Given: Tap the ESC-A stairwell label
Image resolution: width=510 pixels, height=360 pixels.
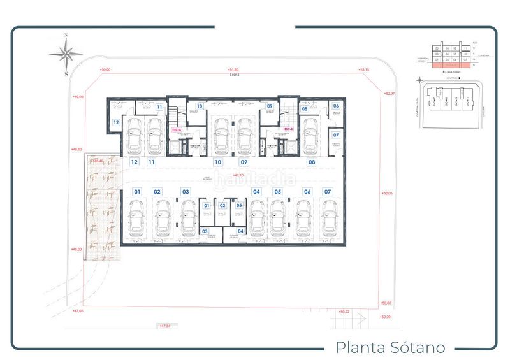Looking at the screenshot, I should point(177,129).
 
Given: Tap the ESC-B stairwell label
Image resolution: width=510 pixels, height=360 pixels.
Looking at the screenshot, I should point(288,129).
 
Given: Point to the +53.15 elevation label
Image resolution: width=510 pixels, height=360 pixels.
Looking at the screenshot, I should point(365,69).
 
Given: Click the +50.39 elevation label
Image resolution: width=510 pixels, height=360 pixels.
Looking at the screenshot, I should point(385,316).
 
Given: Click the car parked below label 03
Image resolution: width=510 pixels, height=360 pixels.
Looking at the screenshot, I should point(187,218).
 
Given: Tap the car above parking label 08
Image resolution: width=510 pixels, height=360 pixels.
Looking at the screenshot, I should point(312,136).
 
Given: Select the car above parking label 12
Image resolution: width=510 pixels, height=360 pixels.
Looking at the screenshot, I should point(136,136).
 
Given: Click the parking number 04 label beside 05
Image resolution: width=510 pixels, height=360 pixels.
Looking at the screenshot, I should point(256,191).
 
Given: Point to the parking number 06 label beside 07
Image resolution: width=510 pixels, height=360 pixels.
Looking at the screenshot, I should point(307,191).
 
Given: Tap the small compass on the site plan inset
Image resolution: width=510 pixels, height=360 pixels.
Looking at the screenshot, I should point(419,81).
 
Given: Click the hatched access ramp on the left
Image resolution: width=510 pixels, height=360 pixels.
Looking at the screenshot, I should point(102,210).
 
